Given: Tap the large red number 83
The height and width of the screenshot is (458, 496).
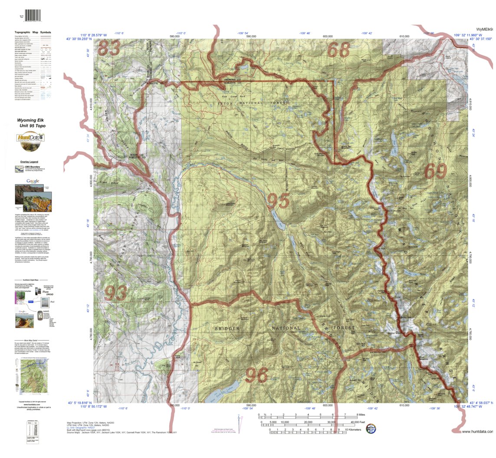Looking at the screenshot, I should (x=109, y=48).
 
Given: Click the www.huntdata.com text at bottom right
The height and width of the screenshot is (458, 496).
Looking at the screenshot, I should (x=477, y=432).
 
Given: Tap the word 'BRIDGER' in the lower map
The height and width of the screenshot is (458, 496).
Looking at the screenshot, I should (x=227, y=329).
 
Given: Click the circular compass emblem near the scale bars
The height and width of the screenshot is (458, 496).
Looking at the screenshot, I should (x=371, y=428).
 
